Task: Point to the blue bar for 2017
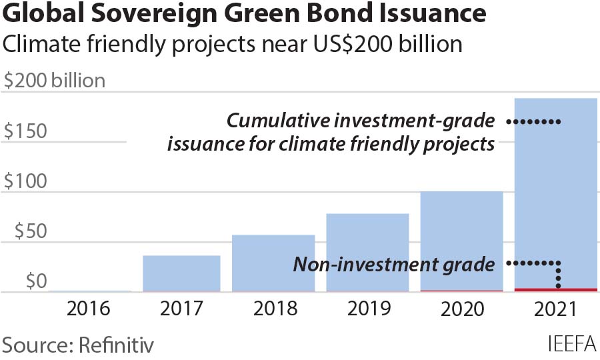coord(181,273)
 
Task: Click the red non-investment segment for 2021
coord(555,289)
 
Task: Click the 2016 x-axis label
coord(89,310)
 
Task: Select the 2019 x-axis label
coord(367,310)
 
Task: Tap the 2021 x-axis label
coord(555,310)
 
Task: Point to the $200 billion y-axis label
coord(54,81)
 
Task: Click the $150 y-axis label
coord(26,131)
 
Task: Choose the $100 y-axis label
coord(26,181)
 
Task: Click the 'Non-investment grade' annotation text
coord(394,265)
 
